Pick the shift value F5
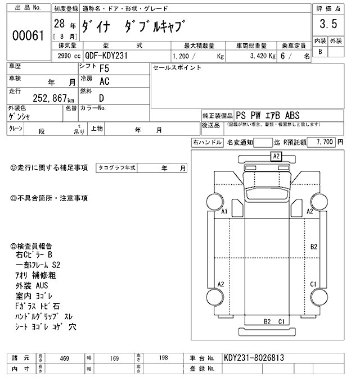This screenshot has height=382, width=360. tap(104, 69)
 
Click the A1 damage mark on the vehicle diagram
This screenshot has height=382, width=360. tap(224, 211)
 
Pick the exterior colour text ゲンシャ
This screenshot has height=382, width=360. tap(19, 117)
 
